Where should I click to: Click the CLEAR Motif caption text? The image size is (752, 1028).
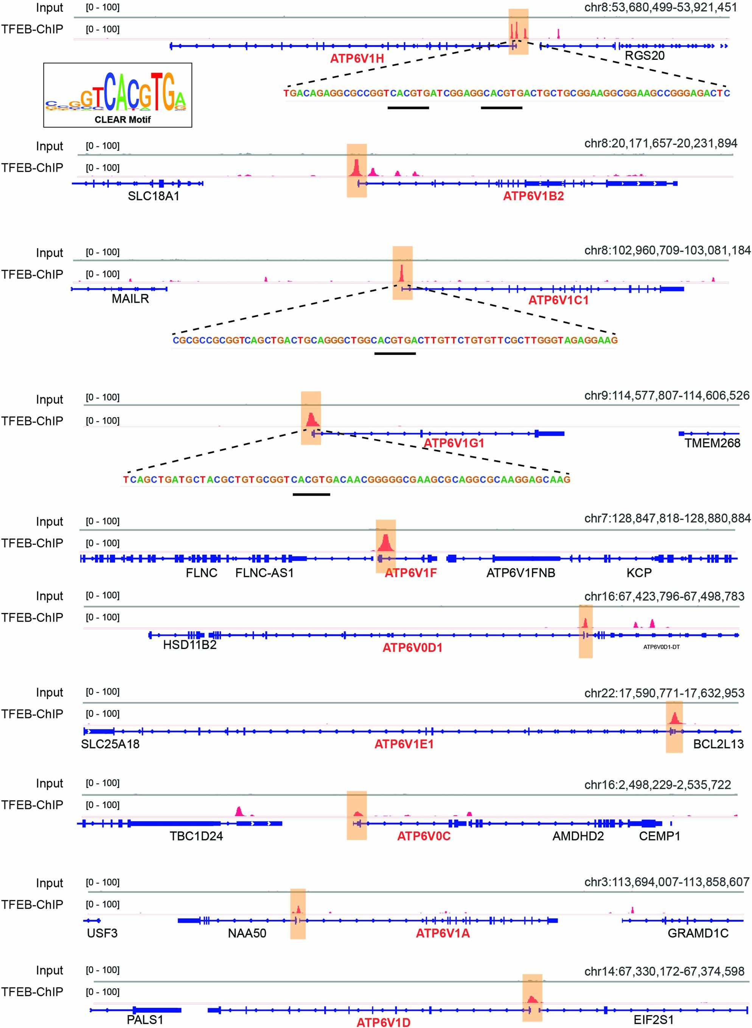(x=123, y=120)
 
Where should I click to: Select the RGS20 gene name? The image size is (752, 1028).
(x=644, y=56)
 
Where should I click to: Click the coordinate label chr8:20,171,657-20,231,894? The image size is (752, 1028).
(x=660, y=143)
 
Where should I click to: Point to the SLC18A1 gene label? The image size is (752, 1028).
(x=154, y=196)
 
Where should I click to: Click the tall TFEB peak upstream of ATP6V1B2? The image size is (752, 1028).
(x=356, y=168)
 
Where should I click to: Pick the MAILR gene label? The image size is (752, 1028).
(x=130, y=299)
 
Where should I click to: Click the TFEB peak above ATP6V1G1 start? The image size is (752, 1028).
(x=311, y=420)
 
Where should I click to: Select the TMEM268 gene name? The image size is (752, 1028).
(x=712, y=443)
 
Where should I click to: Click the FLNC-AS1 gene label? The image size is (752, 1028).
(x=264, y=573)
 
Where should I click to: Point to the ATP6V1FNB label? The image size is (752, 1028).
(x=521, y=573)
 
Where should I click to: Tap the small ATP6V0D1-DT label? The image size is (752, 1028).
(x=662, y=647)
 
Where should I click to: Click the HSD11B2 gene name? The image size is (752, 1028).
(x=190, y=645)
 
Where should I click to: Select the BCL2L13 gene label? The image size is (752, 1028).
(x=718, y=744)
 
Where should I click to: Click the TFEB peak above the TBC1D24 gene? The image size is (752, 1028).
(x=239, y=811)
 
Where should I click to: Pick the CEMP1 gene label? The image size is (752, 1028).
(x=659, y=836)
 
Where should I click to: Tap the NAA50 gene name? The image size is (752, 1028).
(x=247, y=933)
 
